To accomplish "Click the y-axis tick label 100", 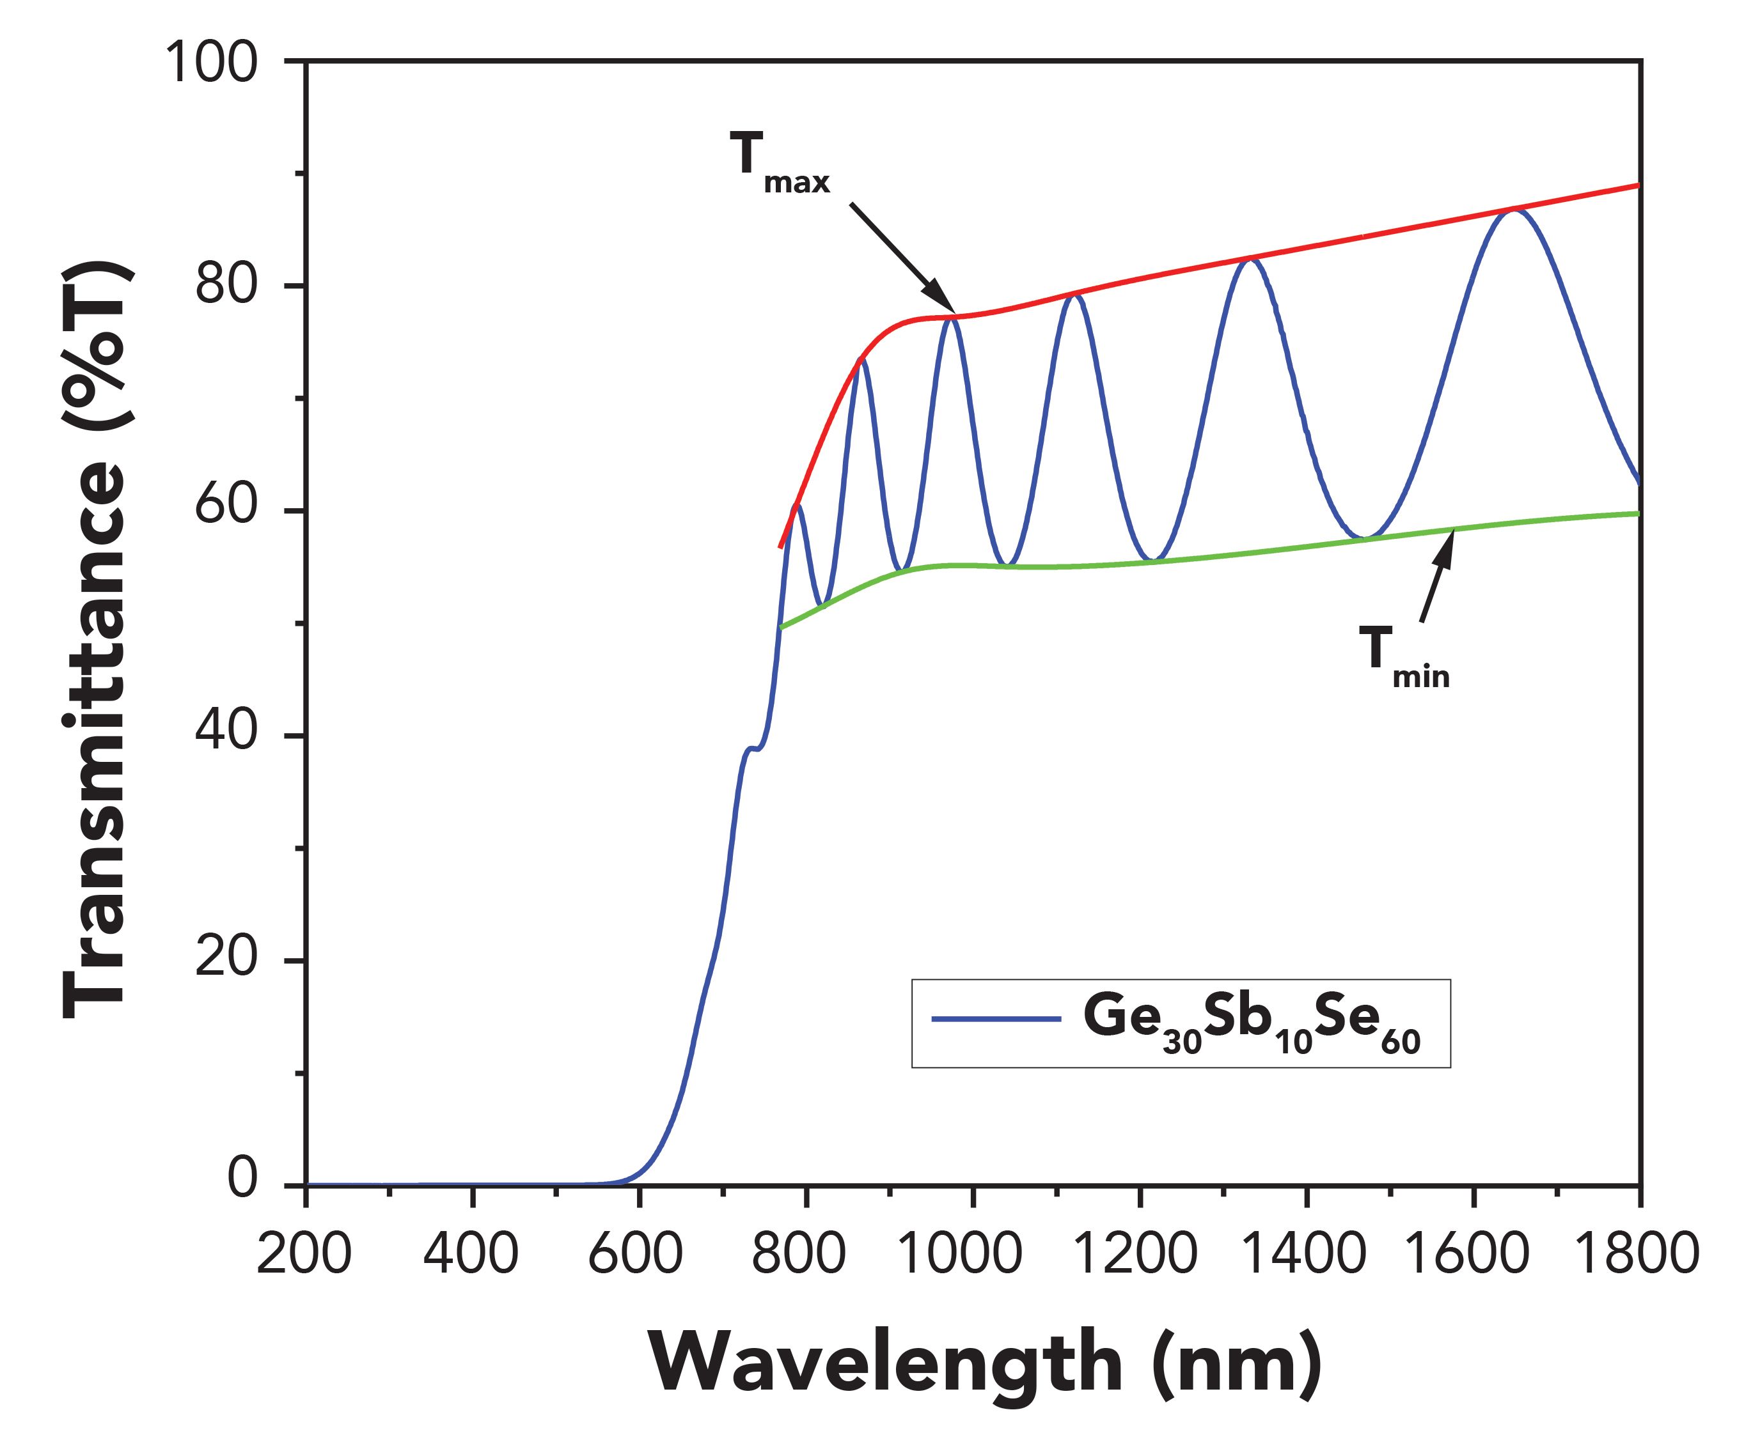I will (211, 63).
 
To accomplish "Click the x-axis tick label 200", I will (304, 1253).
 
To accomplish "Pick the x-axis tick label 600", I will (636, 1253).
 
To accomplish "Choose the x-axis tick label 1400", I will (1304, 1253).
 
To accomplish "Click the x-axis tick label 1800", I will (1637, 1253).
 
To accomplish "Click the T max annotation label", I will (779, 164).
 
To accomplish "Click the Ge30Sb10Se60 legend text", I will (1251, 1023).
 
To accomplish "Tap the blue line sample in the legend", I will (996, 1019).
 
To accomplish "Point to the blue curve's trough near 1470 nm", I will (1363, 537).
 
